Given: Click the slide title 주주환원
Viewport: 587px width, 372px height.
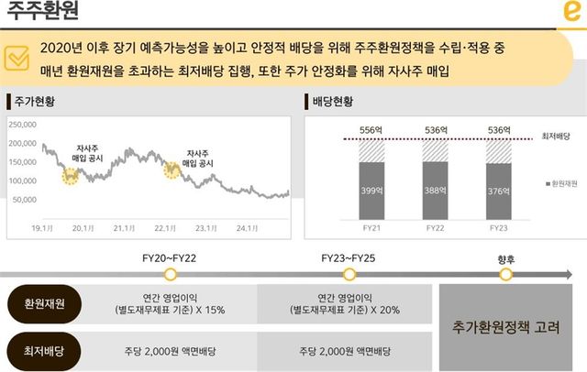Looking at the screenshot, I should [x=44, y=14].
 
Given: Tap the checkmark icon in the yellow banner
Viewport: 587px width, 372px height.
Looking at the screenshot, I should [x=18, y=57].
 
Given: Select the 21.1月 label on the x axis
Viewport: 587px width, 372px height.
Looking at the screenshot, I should [x=124, y=228].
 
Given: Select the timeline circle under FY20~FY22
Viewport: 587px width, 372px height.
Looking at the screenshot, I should [x=169, y=274].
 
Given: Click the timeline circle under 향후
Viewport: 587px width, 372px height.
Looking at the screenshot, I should [x=506, y=274].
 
